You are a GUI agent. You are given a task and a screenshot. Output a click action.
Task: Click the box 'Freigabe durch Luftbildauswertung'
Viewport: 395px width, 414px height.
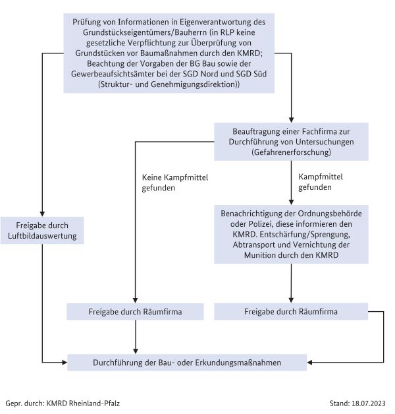(x=42, y=231)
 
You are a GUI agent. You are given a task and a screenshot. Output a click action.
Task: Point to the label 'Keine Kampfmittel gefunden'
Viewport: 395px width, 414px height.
(x=159, y=183)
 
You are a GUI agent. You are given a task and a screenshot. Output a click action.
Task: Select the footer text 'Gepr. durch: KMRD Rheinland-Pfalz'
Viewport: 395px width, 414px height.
(x=63, y=402)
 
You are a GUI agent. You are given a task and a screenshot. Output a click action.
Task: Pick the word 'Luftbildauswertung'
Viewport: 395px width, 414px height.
(x=42, y=236)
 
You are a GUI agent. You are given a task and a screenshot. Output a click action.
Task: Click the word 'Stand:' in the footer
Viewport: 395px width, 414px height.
(x=340, y=402)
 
